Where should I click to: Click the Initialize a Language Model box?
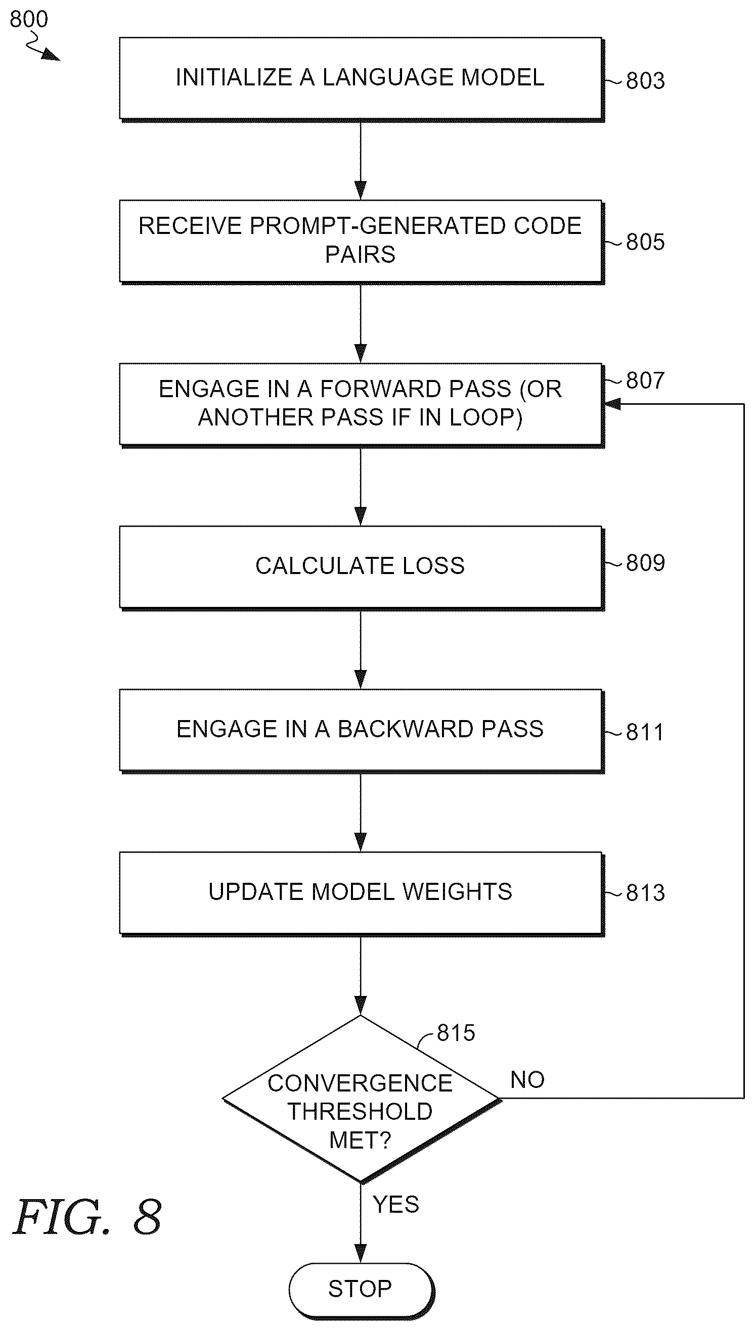pyautogui.click(x=362, y=79)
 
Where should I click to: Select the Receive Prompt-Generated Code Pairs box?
pyautogui.click(x=362, y=242)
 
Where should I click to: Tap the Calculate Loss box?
pyautogui.click(x=362, y=567)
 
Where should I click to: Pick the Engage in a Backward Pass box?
pyautogui.click(x=362, y=731)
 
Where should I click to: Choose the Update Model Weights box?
pyautogui.click(x=362, y=894)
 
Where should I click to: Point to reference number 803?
pyautogui.click(x=645, y=81)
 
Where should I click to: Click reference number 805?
pyautogui.click(x=645, y=242)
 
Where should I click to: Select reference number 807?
pyautogui.click(x=645, y=381)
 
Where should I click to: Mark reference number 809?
pyautogui.click(x=645, y=562)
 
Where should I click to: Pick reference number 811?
pyautogui.click(x=645, y=732)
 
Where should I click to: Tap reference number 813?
pyautogui.click(x=645, y=893)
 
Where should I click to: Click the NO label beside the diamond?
pyautogui.click(x=527, y=1080)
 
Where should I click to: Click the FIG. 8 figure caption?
pyautogui.click(x=87, y=1217)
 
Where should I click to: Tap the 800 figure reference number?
pyautogui.click(x=29, y=19)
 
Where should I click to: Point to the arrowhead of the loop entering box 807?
pyautogui.click(x=612, y=404)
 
